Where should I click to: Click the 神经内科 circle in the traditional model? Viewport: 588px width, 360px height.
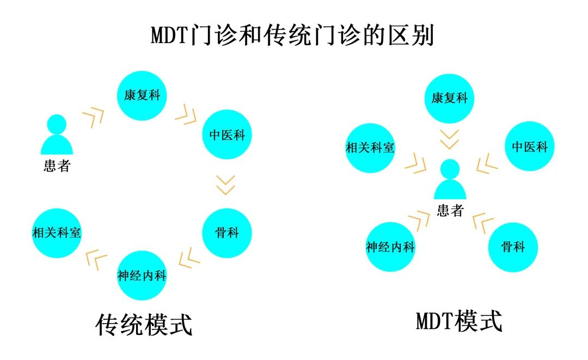click(142, 275)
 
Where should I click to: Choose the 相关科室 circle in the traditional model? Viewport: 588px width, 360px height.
click(57, 233)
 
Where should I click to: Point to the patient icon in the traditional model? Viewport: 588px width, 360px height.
click(57, 135)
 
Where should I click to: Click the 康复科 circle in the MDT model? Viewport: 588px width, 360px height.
click(450, 98)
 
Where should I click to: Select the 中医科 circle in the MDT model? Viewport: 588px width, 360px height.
click(529, 146)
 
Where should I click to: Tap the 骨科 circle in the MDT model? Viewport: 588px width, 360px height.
click(513, 247)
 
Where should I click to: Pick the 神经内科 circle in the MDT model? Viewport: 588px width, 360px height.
click(390, 247)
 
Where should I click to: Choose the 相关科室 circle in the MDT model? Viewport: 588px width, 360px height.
click(370, 147)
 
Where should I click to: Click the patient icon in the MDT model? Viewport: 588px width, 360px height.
click(450, 180)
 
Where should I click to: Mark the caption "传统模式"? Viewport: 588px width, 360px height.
click(144, 325)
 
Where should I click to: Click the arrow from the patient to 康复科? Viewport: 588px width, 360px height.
click(93, 117)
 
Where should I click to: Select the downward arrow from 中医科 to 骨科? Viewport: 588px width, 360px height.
click(225, 185)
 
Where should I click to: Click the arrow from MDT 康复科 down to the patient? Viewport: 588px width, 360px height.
click(450, 139)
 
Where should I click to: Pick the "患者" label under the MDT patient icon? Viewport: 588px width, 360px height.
click(450, 210)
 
